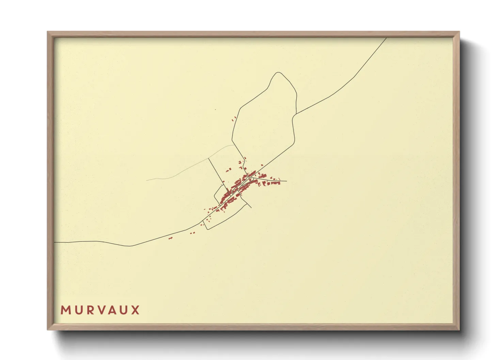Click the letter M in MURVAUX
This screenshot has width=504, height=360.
65,310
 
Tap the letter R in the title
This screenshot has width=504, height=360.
90,310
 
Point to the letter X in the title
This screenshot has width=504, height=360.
136,310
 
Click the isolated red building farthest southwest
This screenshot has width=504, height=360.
171,238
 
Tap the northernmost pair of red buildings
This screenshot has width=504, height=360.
234,118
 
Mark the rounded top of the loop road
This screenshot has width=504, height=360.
279,72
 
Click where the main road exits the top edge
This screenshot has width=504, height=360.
386,38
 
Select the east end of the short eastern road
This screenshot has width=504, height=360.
286,181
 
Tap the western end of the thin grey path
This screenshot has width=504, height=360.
147,180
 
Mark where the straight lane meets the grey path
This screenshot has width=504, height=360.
208,158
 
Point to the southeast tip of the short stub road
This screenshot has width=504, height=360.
251,208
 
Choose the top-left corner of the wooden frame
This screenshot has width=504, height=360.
48,32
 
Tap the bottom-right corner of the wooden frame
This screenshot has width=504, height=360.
459,329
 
